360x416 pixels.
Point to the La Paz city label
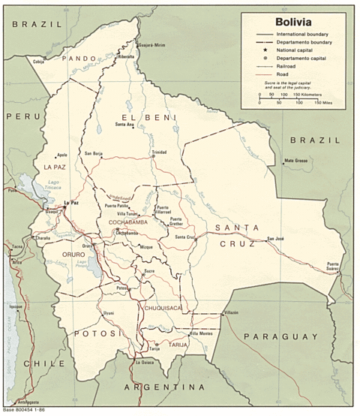point(71,202)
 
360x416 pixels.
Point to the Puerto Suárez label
point(335,266)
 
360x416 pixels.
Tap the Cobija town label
point(40,62)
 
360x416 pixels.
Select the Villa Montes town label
point(201,333)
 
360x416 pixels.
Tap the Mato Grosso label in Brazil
point(296,161)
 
